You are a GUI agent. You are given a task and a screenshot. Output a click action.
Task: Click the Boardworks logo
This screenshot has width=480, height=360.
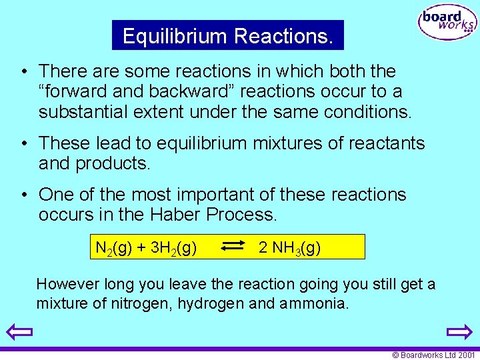click(x=447, y=23)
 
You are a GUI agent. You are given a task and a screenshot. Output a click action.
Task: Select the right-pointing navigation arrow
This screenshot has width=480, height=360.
click(x=459, y=331)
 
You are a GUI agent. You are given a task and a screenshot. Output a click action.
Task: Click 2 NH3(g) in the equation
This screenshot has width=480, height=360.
click(x=289, y=248)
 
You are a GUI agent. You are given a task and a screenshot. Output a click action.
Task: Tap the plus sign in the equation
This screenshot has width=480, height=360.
click(x=141, y=248)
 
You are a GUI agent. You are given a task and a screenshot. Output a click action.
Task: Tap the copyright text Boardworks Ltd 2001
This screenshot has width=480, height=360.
click(x=433, y=355)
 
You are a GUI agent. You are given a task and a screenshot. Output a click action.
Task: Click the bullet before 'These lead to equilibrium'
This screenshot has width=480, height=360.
click(x=23, y=143)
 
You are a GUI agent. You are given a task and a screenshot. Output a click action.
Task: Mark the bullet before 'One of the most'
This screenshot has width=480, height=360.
click(x=23, y=195)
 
